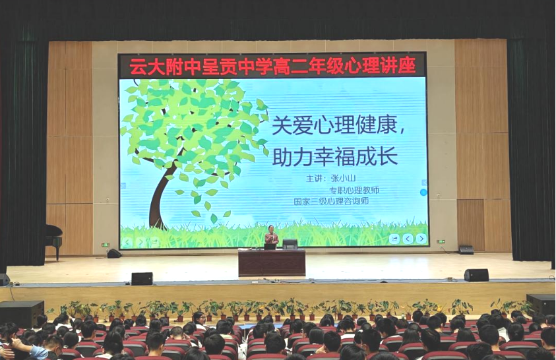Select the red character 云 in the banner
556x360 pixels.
click(137, 66)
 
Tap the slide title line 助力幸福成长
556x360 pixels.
click(335, 156)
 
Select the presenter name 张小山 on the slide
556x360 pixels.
click(342, 178)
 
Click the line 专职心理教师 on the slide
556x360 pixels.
click(354, 191)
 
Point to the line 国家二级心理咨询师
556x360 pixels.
click(331, 201)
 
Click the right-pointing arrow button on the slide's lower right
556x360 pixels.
click(421, 239)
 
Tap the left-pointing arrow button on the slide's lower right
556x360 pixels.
click(408, 239)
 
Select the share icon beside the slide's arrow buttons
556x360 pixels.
click(394, 239)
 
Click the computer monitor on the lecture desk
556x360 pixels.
click(290, 244)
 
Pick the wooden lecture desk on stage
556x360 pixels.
click(272, 262)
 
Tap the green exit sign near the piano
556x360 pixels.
click(106, 245)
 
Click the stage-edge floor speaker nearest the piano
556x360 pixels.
click(142, 278)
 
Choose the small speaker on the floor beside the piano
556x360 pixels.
click(114, 253)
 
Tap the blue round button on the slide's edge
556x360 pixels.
click(423, 193)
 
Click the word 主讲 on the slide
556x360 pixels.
click(315, 178)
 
